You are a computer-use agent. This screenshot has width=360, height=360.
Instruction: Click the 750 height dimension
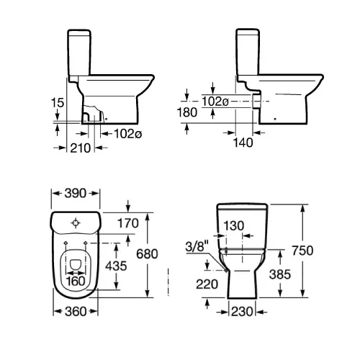pyautogui.click(x=302, y=251)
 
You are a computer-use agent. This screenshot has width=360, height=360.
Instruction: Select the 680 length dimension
pyautogui.click(x=147, y=254)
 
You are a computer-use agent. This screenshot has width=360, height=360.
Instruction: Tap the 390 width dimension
pyautogui.click(x=75, y=193)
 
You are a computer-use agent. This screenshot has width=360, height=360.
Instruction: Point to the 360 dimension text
pyautogui.click(x=76, y=312)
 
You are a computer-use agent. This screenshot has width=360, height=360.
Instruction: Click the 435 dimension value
pyautogui.click(x=116, y=266)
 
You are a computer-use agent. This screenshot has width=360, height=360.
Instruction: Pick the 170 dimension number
pyautogui.click(x=128, y=223)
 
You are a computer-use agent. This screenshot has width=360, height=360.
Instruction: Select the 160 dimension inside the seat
pyautogui.click(x=76, y=282)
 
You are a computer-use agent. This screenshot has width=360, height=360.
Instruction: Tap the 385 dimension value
pyautogui.click(x=280, y=274)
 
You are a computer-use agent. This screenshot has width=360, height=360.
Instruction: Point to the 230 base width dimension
pyautogui.click(x=242, y=312)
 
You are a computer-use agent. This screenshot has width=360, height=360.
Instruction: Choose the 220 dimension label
pyautogui.click(x=207, y=284)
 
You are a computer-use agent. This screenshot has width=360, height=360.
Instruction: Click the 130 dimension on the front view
pyautogui.click(x=234, y=225)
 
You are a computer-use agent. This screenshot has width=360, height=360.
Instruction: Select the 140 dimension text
pyautogui.click(x=243, y=143)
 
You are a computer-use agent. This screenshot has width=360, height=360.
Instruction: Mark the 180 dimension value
pyautogui.click(x=187, y=112)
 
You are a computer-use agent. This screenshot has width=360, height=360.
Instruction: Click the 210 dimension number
pyautogui.click(x=81, y=148)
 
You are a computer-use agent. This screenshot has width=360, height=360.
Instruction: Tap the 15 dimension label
pyautogui.click(x=58, y=102)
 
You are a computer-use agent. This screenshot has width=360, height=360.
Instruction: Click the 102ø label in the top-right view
pyautogui.click(x=215, y=102)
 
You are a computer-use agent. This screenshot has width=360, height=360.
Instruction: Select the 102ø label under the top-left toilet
pyautogui.click(x=127, y=134)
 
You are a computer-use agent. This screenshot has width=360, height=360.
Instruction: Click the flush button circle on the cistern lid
pyautogui.click(x=76, y=223)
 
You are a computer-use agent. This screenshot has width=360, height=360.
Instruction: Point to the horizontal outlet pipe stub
pyautogui.click(x=256, y=101)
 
